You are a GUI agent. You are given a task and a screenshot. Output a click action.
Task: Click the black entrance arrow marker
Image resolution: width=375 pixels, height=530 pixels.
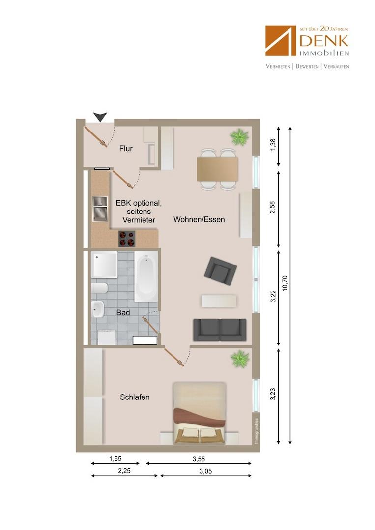pyautogui.click(x=100, y=117)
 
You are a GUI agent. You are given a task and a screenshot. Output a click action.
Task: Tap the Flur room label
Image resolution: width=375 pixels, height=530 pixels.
pyautogui.click(x=126, y=148)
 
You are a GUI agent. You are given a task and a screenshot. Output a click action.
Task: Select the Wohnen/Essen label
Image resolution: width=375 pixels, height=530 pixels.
pyautogui.click(x=199, y=219)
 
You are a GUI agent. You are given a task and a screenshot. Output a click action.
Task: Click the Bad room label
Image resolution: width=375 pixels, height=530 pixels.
pyautogui.click(x=123, y=312)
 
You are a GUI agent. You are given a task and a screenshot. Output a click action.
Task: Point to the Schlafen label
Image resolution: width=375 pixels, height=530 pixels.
pyautogui.click(x=135, y=397)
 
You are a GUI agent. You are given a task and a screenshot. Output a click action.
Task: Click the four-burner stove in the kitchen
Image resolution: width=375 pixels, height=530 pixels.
pyautogui.click(x=127, y=238)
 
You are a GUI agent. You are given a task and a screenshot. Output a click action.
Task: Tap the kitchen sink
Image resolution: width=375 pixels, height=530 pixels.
pyautogui.click(x=100, y=209)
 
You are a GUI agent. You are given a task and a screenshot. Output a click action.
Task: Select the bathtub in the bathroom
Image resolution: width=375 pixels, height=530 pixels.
pyautogui.click(x=146, y=276)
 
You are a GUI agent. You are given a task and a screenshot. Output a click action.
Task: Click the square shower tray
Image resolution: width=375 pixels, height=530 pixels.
pyautogui.click(x=104, y=265)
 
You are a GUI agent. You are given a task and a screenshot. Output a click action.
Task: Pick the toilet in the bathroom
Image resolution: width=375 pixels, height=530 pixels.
pyautogui.click(x=99, y=289)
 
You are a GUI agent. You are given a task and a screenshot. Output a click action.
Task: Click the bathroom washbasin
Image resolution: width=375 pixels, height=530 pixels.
pyautogui.click(x=97, y=309)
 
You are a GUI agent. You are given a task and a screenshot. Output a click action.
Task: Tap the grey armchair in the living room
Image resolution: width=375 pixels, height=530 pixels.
pyautogui.click(x=220, y=271)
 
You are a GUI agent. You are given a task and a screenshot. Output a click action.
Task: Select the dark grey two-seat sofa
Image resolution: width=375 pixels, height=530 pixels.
pyautogui.click(x=220, y=330)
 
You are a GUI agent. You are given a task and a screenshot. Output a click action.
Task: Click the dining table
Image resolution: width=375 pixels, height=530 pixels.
pyautogui.click(x=217, y=169)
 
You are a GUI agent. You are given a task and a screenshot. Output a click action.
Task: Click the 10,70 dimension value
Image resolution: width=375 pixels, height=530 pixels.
pyautogui.click(x=284, y=283)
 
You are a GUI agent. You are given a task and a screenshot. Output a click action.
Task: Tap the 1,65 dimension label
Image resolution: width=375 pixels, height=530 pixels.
pyautogui.click(x=115, y=459)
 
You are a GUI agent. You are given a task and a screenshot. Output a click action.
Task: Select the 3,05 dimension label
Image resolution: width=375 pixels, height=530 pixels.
pyautogui.click(x=205, y=471)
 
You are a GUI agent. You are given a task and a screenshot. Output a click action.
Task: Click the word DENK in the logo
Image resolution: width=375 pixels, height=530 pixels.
pyautogui.click(x=324, y=41)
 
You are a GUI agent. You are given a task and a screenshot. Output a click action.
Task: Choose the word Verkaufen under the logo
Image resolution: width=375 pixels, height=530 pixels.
pyautogui.click(x=336, y=66)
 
